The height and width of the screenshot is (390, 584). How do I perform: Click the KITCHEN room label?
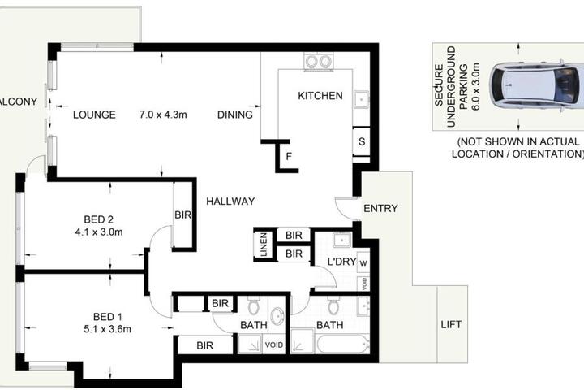[x=320, y=96]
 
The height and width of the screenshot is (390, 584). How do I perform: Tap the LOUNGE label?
[x=94, y=115]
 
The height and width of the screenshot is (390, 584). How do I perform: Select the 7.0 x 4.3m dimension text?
[x=163, y=115]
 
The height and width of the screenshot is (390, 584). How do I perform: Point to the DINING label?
[x=235, y=115]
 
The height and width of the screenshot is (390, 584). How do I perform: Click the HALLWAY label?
[x=230, y=201]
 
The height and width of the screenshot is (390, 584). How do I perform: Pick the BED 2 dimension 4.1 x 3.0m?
[x=99, y=232]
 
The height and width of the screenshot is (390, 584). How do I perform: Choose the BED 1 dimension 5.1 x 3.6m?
[x=107, y=329]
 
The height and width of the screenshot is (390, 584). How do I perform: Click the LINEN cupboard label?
[x=264, y=245]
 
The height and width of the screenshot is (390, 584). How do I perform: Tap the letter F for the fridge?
[x=289, y=156]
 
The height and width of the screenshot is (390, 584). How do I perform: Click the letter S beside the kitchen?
[x=362, y=142]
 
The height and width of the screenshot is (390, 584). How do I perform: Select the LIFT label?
[x=451, y=324]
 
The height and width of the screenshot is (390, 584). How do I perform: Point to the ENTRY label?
[x=380, y=208]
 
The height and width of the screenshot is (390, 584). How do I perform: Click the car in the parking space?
[x=536, y=85]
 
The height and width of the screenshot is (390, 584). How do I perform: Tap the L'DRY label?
[x=341, y=262]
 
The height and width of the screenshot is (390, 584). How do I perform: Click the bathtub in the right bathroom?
[x=342, y=344]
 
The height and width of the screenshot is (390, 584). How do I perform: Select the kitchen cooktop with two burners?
[x=319, y=61]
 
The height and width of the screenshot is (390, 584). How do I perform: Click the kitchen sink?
[x=361, y=100]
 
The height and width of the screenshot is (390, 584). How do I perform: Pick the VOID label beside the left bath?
[x=274, y=344]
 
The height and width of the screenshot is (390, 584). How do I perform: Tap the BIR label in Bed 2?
[x=182, y=214]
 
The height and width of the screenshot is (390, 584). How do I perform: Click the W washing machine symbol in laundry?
[x=363, y=262]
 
